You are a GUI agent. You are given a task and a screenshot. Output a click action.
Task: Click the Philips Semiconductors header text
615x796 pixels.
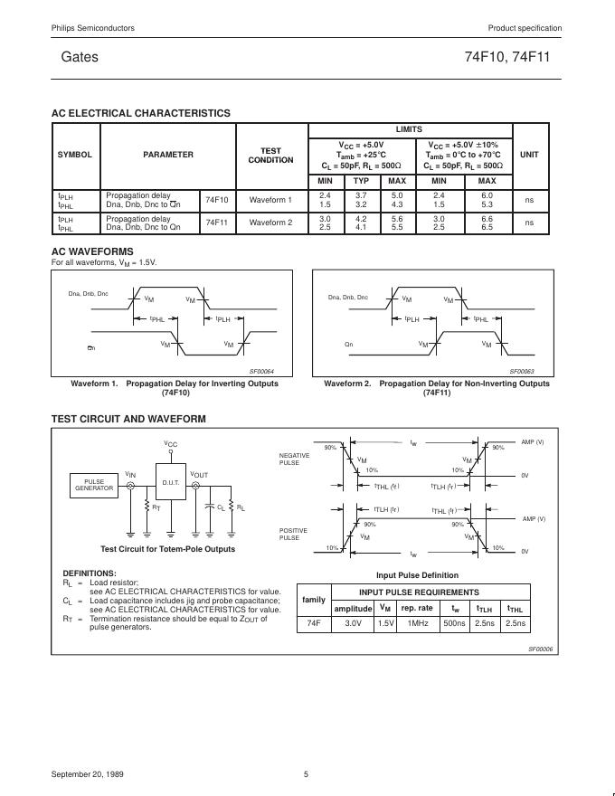tap(93, 28)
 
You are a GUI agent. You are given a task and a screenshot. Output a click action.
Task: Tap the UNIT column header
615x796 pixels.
tap(529, 155)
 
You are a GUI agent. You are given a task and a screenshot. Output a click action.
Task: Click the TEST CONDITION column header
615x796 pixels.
tap(270, 155)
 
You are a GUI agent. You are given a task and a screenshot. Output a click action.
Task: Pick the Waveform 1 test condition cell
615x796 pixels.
tap(270, 199)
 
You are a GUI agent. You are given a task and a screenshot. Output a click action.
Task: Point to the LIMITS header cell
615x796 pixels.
tap(409, 129)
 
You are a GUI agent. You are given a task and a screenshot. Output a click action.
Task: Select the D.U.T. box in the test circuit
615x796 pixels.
tap(171, 483)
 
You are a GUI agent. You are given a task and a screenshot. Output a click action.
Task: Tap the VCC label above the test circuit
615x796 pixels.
tap(171, 443)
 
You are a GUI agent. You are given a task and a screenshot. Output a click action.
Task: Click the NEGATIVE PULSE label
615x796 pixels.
tap(293, 459)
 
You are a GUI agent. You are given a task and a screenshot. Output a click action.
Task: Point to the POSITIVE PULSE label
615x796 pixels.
tap(293, 534)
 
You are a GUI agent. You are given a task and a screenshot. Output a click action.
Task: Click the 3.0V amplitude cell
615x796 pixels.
tap(353, 623)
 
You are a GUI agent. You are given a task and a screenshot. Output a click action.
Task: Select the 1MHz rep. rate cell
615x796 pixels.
tap(417, 623)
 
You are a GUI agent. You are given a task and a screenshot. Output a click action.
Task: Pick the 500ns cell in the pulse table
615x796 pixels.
tap(455, 623)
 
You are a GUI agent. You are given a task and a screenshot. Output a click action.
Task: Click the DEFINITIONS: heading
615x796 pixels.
tap(90, 573)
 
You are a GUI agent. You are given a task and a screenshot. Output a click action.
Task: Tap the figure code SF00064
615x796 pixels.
tap(261, 371)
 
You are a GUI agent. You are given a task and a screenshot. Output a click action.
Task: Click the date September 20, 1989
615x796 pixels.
tap(89, 774)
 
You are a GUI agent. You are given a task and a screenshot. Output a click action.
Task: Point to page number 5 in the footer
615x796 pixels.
tap(307, 774)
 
